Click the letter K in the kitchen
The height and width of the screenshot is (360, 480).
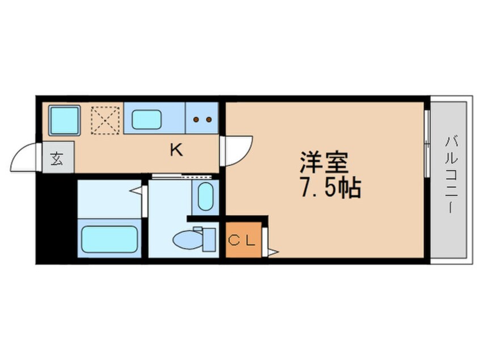click(176, 150)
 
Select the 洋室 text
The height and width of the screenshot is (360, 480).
click(324, 162)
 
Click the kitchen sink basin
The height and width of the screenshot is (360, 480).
click(147, 119)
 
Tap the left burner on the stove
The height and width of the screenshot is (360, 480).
click(196, 119)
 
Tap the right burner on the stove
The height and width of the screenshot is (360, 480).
click(209, 119)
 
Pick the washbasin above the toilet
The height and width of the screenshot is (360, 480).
click(205, 196)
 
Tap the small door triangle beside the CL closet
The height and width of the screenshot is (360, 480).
click(272, 249)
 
